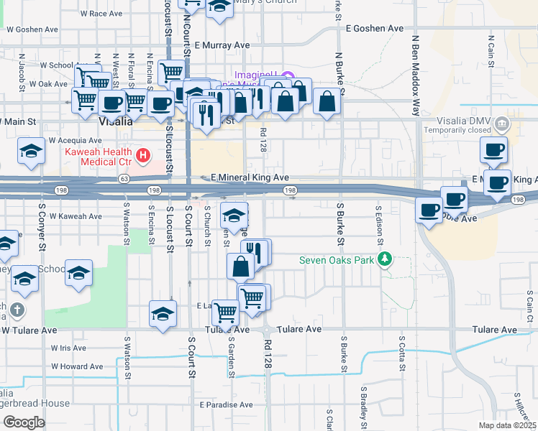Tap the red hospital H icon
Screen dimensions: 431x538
click(x=143, y=154)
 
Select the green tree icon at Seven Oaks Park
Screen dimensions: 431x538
click(x=386, y=259)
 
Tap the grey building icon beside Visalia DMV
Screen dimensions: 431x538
click(x=502, y=125)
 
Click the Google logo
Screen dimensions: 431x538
click(x=23, y=422)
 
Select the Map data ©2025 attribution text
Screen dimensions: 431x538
click(x=507, y=425)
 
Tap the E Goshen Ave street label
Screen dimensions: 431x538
click(x=375, y=28)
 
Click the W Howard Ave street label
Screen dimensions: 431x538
click(x=77, y=366)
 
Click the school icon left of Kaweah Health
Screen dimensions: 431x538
click(x=32, y=152)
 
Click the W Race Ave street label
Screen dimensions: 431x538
click(x=101, y=14)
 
